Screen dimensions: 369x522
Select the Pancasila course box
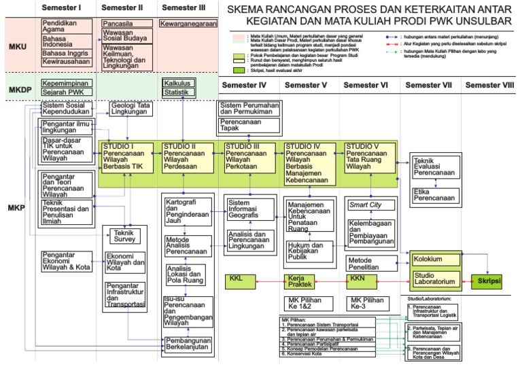point(127,24)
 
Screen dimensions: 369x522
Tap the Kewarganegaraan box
point(188,24)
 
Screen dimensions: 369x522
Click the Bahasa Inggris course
point(65,52)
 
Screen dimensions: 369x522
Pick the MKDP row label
point(18,90)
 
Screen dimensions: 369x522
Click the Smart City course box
point(370,204)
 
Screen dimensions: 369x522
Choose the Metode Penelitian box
point(370,263)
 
